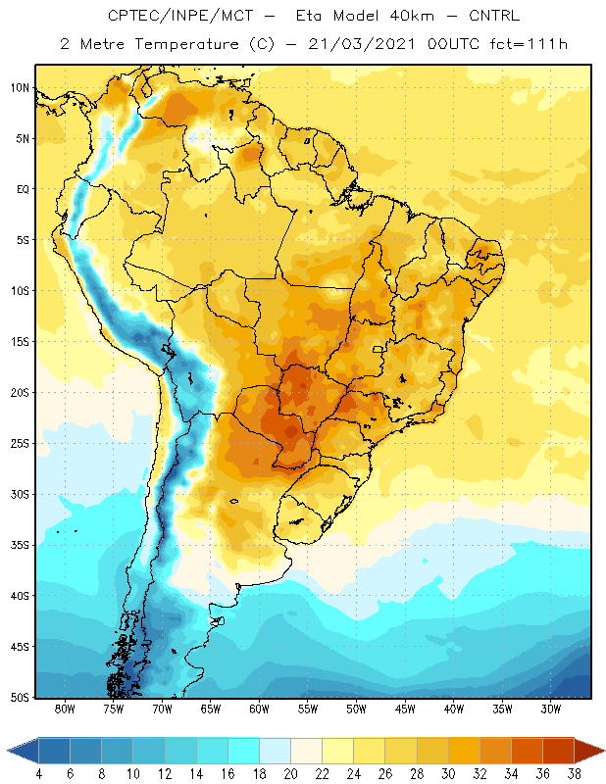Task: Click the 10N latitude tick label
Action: [20, 88]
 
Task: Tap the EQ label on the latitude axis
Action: [23, 189]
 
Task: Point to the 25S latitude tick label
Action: [20, 444]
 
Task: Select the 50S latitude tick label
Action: [20, 698]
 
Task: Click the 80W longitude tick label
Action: [65, 709]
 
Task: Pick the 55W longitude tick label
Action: [308, 709]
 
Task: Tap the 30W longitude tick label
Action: [550, 709]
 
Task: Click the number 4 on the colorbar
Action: [38, 774]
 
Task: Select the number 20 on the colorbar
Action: [290, 774]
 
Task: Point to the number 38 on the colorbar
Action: [575, 774]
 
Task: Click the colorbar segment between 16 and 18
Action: [244, 750]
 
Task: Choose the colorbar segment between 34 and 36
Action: [527, 750]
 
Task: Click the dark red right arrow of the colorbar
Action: [589, 750]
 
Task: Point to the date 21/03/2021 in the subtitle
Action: [361, 44]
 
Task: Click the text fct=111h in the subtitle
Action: [529, 44]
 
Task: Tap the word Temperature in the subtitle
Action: [186, 44]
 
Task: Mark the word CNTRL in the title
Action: [494, 16]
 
